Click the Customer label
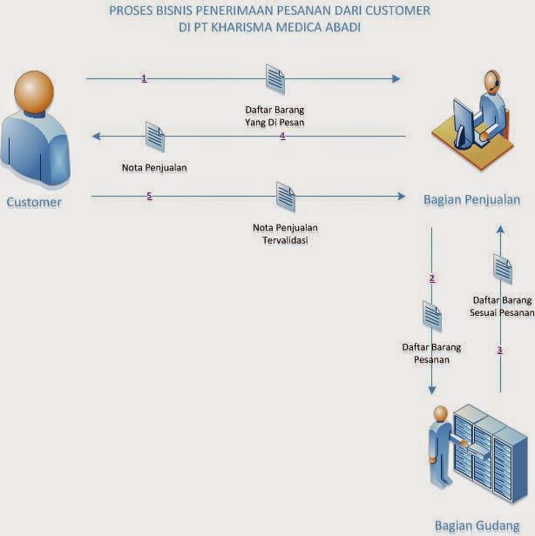34,203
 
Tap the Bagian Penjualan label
471,200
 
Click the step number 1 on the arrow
144,78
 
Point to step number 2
432,278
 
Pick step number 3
499,350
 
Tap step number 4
282,136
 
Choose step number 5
149,196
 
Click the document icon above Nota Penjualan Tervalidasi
285,196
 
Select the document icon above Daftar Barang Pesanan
432,316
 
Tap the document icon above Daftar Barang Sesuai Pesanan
502,269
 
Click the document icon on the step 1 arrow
275,78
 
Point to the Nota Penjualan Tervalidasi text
285,234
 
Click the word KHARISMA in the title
223,27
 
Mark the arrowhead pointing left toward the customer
98,136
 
